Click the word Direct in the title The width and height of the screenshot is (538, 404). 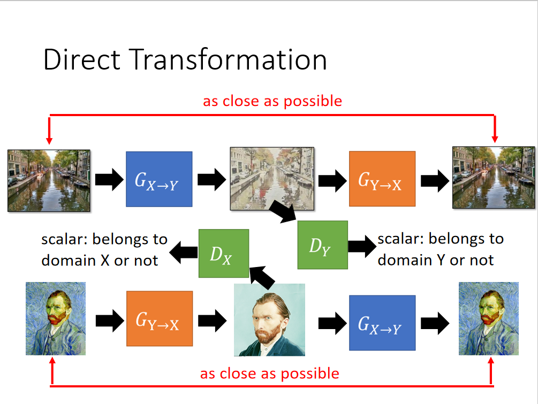pyautogui.click(x=82, y=60)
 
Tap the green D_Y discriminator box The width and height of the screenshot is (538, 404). pyautogui.click(x=322, y=245)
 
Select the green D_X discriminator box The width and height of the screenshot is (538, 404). pyautogui.click(x=224, y=253)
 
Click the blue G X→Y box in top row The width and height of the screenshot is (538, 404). pyautogui.click(x=159, y=179)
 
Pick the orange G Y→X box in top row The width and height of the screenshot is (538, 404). pyautogui.click(x=382, y=179)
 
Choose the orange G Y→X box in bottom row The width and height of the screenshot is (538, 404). pyautogui.click(x=160, y=318)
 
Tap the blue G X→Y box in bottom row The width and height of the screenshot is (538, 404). pyautogui.click(x=382, y=323)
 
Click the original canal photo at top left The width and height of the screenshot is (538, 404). pyautogui.click(x=49, y=180)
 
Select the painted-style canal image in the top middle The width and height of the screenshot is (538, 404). pyautogui.click(x=272, y=178)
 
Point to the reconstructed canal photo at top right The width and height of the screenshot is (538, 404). pyautogui.click(x=494, y=177)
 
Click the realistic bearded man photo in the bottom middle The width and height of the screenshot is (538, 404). pyautogui.click(x=269, y=319)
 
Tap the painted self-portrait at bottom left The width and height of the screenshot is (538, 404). pyautogui.click(x=56, y=318)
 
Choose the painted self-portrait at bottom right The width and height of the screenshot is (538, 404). pyautogui.click(x=489, y=318)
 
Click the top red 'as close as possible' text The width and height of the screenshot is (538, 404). pyautogui.click(x=272, y=101)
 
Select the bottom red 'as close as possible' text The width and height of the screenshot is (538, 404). pyautogui.click(x=270, y=373)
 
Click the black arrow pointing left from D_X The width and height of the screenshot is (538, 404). pyautogui.click(x=184, y=253)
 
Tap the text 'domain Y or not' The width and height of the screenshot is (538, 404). pyautogui.click(x=436, y=260)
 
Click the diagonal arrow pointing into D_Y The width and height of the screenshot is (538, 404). pyautogui.click(x=283, y=211)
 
